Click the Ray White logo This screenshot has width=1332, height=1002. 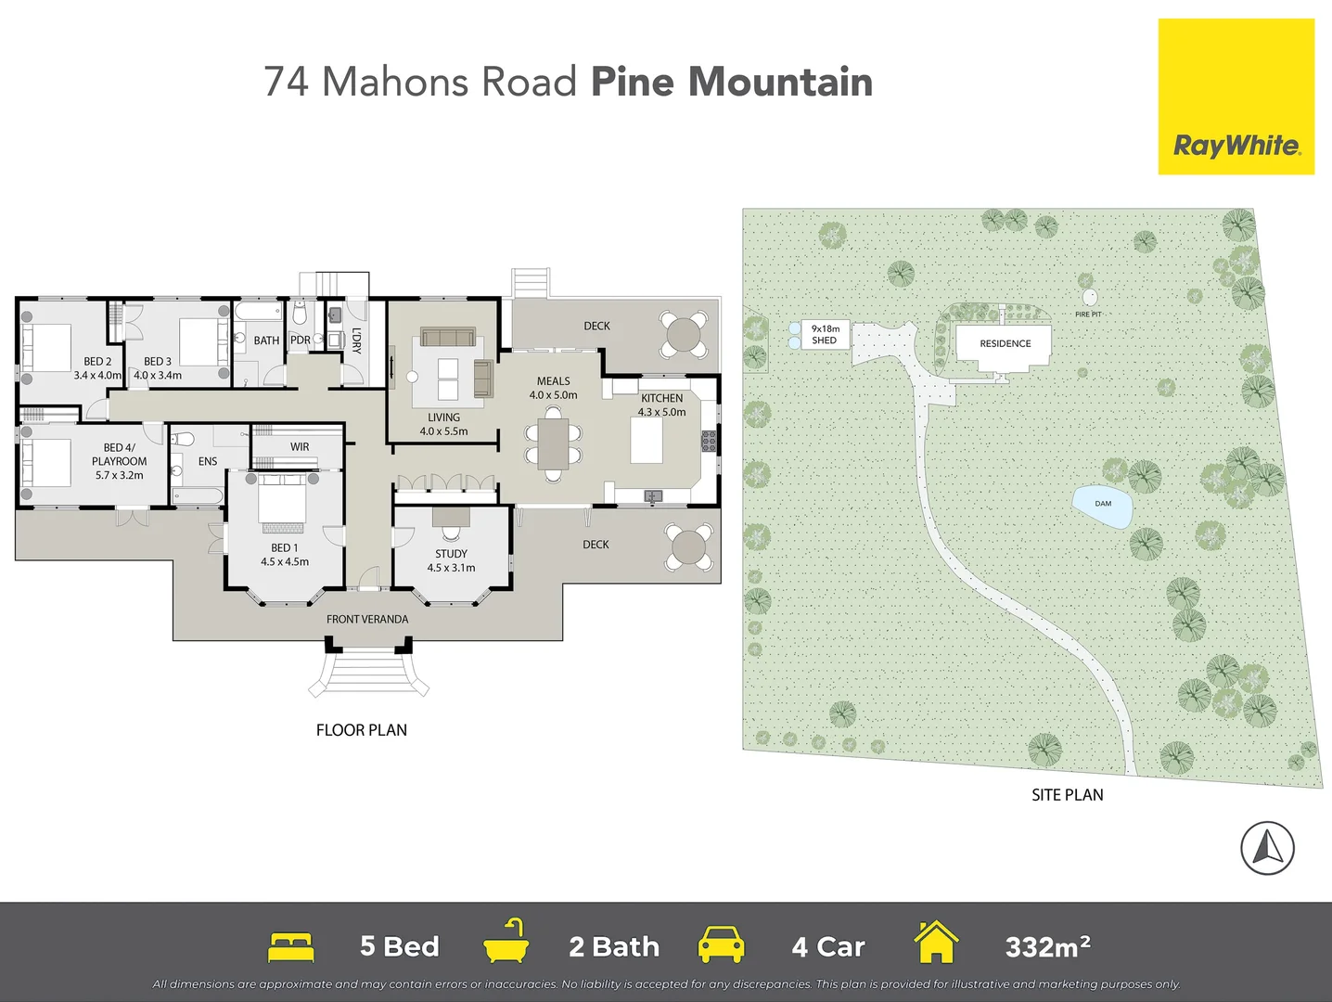(1236, 96)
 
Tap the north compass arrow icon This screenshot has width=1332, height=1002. (1267, 848)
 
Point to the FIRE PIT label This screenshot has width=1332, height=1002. (1088, 315)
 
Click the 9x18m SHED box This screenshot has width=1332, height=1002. (825, 335)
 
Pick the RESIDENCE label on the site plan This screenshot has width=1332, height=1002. (1005, 344)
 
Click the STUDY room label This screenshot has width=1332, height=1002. (451, 554)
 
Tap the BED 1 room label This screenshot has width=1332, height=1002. (284, 548)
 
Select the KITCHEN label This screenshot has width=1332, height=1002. (661, 398)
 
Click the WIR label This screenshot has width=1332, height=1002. (300, 447)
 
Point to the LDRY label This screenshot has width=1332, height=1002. (356, 340)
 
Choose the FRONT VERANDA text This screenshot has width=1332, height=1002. (367, 620)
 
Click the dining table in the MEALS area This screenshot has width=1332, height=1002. (554, 444)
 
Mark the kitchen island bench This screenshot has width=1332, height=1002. (647, 441)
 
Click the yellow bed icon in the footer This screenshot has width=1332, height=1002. (291, 946)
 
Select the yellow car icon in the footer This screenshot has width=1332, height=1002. (721, 944)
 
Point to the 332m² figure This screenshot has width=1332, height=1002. (1047, 947)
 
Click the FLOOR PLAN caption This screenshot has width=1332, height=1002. (362, 730)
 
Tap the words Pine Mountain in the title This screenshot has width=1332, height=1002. (731, 82)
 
